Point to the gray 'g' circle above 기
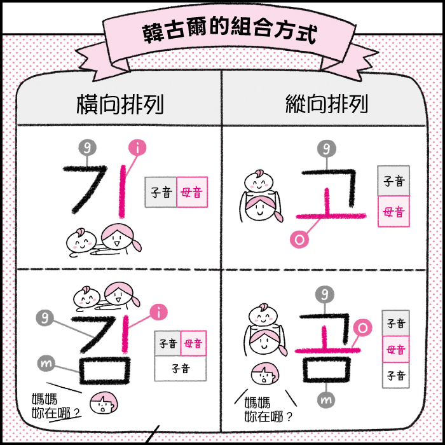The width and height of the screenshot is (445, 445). point(86,147)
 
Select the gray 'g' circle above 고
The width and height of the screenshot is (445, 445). point(326,149)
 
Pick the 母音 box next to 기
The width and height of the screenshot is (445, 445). point(192,192)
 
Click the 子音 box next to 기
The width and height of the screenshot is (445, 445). point(161,192)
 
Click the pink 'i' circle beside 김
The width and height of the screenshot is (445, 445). point(158,312)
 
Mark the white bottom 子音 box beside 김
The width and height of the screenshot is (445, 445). point(181,367)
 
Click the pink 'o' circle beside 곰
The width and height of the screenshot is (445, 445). point(362,327)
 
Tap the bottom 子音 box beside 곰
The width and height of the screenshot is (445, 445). point(395,376)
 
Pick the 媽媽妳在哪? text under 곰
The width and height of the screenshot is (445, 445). point(267,410)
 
